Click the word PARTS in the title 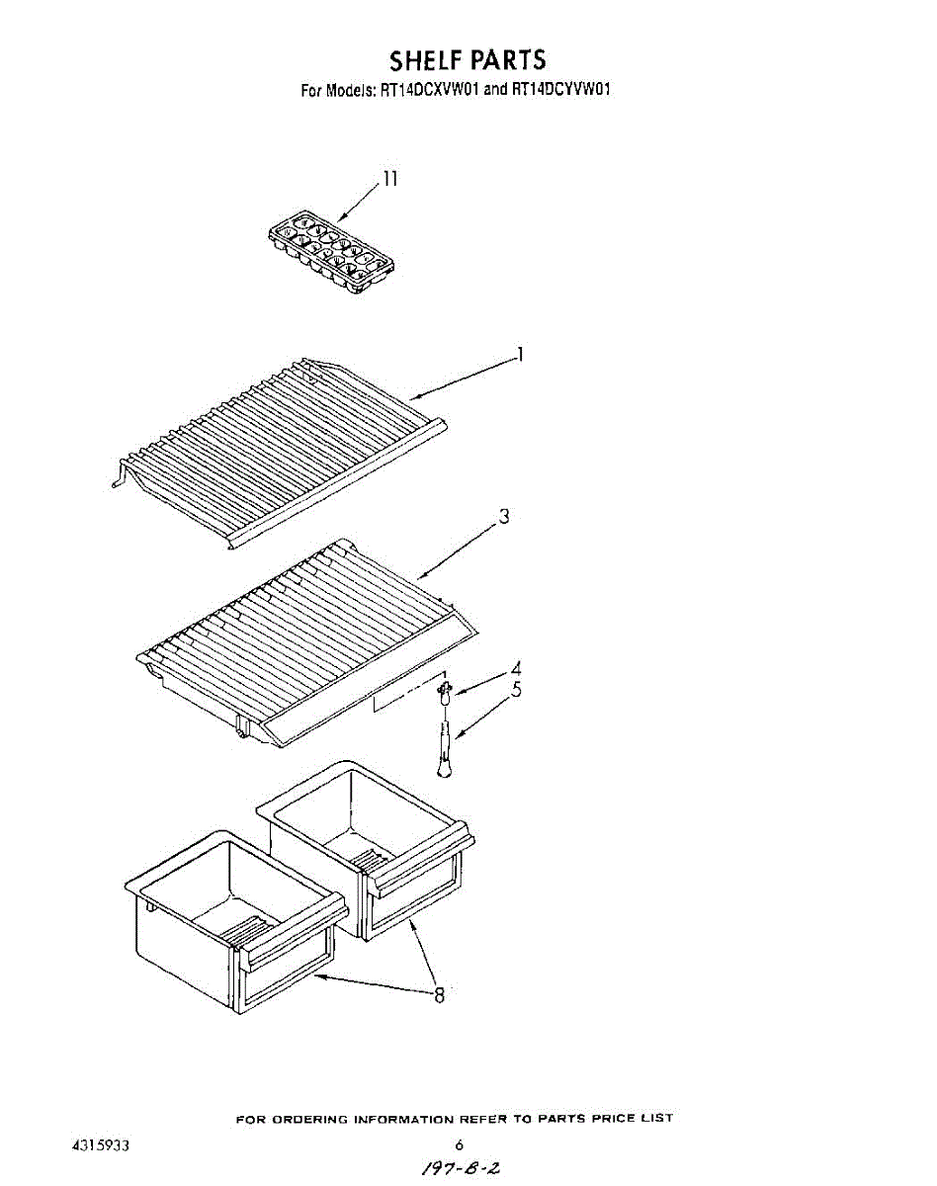(x=507, y=60)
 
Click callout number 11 (x=391, y=179)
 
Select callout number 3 (x=504, y=516)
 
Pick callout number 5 (x=516, y=691)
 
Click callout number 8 (x=440, y=995)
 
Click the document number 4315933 (x=102, y=1146)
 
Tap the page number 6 (x=460, y=1146)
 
